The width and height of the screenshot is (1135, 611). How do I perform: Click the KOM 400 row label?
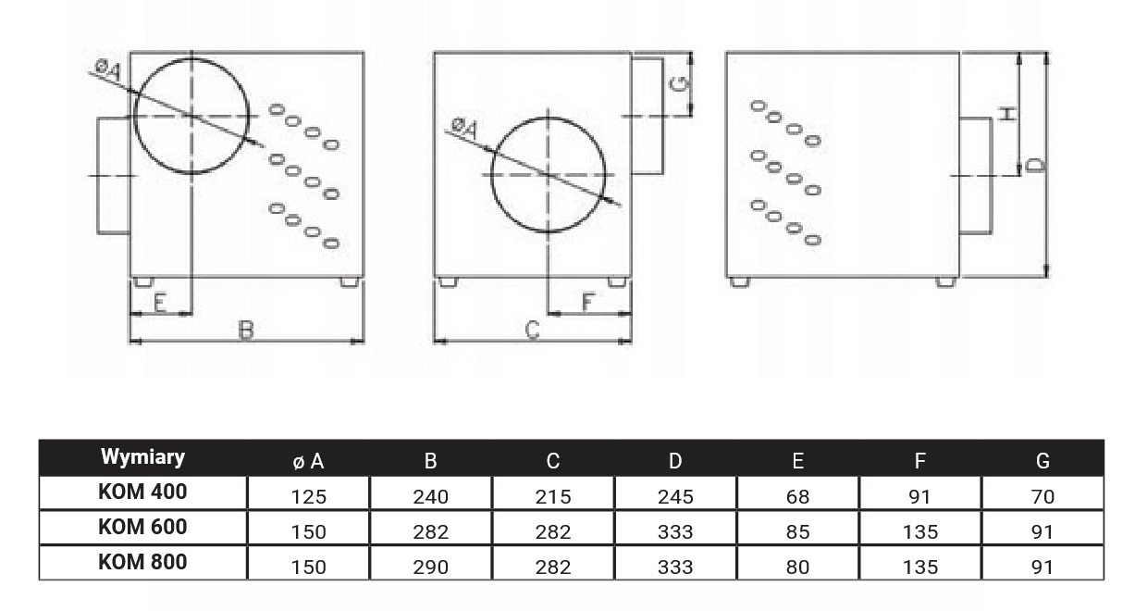142,492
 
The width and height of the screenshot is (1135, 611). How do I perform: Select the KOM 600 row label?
142,527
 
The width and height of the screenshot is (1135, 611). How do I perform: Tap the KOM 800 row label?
142,562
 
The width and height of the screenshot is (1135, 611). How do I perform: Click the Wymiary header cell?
142,456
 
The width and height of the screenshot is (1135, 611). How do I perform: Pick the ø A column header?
308,461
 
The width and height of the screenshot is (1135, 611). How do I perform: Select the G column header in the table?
1042,461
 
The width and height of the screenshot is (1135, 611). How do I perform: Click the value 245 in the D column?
675,497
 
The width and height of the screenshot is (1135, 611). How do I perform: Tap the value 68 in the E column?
797,497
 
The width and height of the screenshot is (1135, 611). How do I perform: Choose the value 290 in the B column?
431,567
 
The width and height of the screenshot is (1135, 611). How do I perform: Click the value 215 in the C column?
553,497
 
